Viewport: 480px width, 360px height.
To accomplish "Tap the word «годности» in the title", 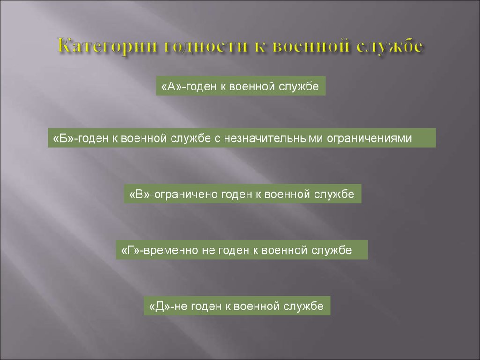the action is point(206,46).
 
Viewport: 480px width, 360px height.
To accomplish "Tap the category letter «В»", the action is point(139,195).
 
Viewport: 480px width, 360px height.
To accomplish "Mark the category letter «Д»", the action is point(160,307).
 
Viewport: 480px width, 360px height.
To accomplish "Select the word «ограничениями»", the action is point(369,139).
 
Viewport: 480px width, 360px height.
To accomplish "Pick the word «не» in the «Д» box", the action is point(180,307).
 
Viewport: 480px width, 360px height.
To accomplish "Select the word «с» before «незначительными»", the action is point(217,139).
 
